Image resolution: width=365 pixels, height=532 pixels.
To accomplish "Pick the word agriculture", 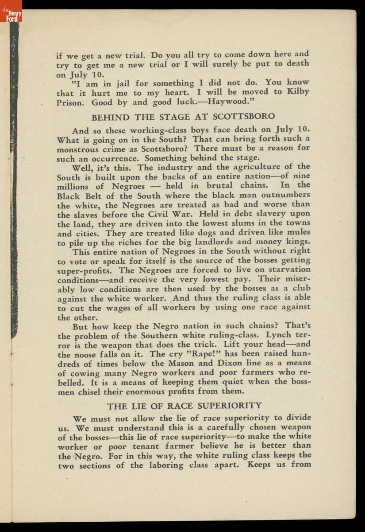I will tap(257, 167).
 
